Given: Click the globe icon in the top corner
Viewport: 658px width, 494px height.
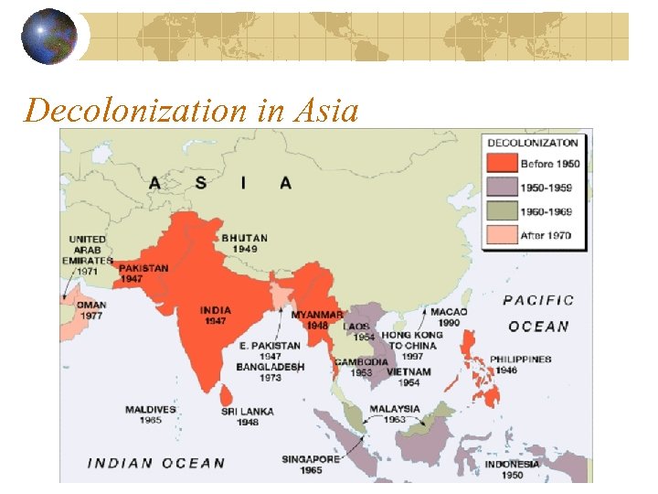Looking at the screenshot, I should pos(48,37).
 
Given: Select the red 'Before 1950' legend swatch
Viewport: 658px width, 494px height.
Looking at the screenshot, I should pos(502,164).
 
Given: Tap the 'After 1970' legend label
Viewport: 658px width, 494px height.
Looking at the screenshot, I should pos(546,235).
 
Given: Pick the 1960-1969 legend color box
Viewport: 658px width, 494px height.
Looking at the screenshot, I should pos(502,211).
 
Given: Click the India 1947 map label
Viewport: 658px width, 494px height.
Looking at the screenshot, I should pos(215,316).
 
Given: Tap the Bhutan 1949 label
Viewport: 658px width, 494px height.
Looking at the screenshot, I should pos(245,243).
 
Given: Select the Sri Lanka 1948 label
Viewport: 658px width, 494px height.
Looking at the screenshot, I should pos(246,417).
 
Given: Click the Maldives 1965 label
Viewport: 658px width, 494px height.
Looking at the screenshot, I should pos(151,414).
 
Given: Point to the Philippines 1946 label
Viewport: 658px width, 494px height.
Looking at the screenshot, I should pos(520,365).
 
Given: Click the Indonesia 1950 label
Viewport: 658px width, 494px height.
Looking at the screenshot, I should pos(512,469).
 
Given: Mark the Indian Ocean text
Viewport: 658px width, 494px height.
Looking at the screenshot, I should pos(155,463).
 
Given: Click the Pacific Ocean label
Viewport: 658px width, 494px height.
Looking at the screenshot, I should pos(538,313).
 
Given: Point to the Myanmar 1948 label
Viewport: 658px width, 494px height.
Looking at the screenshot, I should pos(317,320).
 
